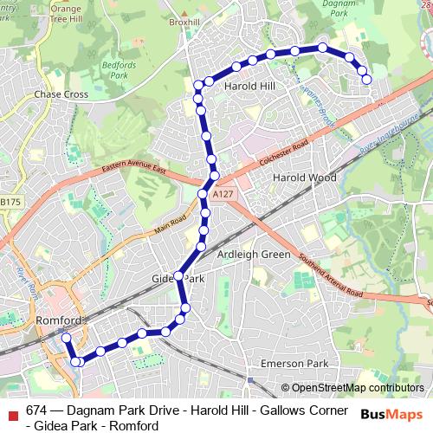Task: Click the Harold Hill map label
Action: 249,87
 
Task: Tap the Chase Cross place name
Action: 61,94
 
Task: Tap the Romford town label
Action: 60,320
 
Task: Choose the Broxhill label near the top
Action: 184,22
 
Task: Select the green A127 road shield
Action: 223,195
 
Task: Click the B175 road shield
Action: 10,202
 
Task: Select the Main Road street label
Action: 170,224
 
